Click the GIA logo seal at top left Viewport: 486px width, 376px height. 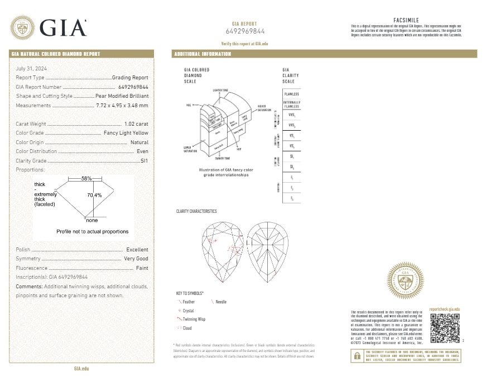coord(23,27)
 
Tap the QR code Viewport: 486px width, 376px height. coord(445,329)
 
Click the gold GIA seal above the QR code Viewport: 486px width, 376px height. coord(406,280)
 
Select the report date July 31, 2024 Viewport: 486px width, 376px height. coord(31,68)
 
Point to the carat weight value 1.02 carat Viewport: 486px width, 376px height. coord(136,124)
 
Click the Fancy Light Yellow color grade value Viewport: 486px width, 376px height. coord(126,133)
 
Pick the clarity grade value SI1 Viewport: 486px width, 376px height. coord(145,160)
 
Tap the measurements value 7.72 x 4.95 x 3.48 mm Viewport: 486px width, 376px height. coord(122,105)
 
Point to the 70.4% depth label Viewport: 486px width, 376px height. coord(94,196)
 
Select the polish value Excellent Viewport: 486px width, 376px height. coord(137,250)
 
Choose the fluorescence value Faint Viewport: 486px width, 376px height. coord(142,268)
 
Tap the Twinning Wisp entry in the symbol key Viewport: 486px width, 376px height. coord(194,318)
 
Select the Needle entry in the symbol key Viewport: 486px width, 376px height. coord(221,302)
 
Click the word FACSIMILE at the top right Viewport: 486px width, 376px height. coord(406,20)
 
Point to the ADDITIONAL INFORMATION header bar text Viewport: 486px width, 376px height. coord(203,54)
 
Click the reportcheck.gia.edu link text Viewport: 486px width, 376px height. coord(445,309)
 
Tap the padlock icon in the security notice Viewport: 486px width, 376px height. coord(355,355)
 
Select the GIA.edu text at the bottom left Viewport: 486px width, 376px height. coord(81,369)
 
